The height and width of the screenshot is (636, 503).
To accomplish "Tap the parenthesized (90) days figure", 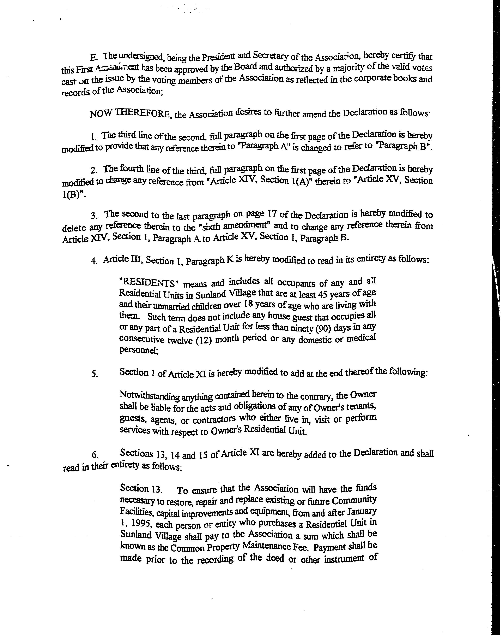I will [323, 328].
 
